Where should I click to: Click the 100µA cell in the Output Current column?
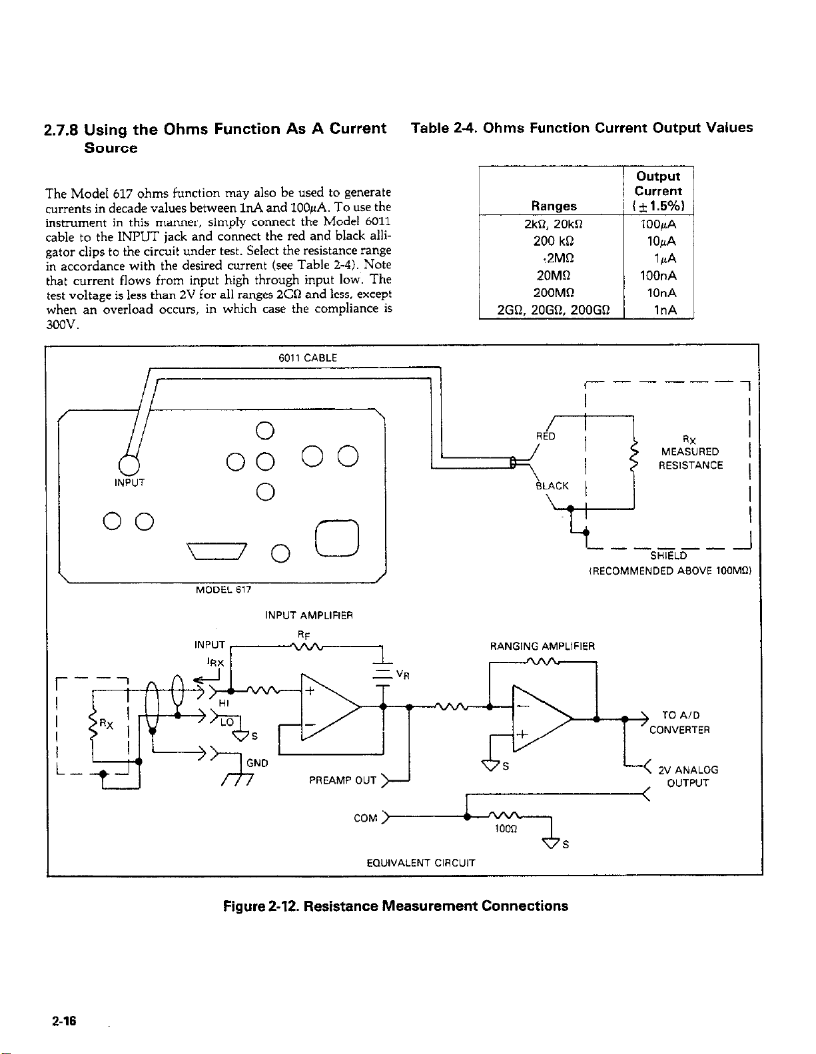(x=658, y=224)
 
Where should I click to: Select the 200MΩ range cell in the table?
(x=554, y=292)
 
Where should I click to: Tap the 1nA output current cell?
(x=665, y=310)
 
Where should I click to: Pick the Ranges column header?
(x=554, y=206)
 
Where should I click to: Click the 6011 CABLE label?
(x=308, y=358)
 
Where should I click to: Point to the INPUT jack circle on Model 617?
(x=129, y=465)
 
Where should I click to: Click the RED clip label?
(x=546, y=436)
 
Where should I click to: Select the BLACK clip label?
(x=552, y=486)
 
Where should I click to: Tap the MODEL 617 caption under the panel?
(x=223, y=590)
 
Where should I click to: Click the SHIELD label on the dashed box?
(x=669, y=555)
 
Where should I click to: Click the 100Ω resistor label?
(x=506, y=829)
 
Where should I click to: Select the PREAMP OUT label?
(x=342, y=780)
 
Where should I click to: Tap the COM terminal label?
(x=365, y=818)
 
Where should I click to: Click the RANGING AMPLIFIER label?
(x=542, y=646)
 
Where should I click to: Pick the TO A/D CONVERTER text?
(x=679, y=722)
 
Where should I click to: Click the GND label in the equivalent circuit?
(x=257, y=763)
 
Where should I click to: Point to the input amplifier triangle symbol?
(x=331, y=707)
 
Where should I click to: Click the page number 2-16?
(x=64, y=1021)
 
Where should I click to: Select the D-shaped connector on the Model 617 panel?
(x=217, y=551)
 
